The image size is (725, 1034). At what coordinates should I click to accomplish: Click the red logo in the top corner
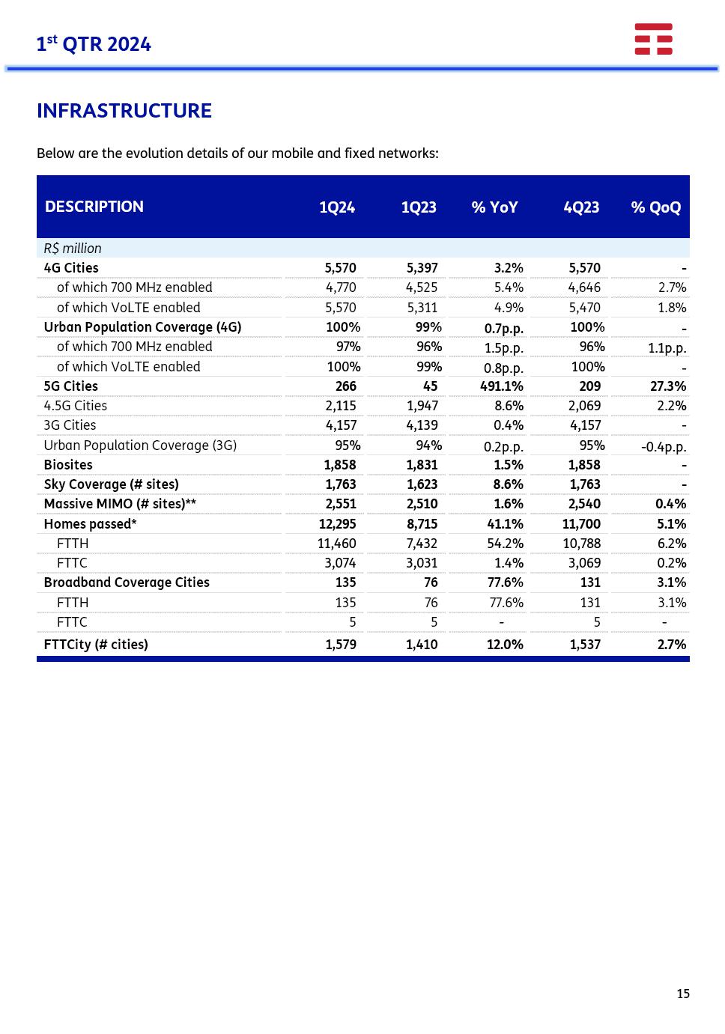pos(653,39)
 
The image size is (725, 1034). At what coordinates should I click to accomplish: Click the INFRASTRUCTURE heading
pos(124,111)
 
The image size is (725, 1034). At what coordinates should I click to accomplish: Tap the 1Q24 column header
pos(337,207)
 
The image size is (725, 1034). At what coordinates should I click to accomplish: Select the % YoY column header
pos(494,207)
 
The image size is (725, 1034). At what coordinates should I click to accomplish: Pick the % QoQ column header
pos(656,207)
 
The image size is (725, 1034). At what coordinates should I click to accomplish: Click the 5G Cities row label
pos(71,386)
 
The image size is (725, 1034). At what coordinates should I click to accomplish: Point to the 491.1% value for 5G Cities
pos(502,386)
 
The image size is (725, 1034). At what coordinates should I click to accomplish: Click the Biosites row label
pos(68,465)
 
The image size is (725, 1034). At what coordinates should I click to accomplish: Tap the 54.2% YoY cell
pos(505,544)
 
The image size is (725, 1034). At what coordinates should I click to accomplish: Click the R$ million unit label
pos(73,249)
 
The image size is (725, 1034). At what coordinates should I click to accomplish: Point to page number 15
pos(683,994)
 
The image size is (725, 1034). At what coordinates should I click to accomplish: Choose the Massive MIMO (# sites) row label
pos(120,504)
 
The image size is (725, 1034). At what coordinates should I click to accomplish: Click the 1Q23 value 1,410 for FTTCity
pos(422,645)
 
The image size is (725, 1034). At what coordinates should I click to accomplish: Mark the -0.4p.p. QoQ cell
pos(664,447)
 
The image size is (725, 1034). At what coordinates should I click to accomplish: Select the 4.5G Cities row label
pos(76,406)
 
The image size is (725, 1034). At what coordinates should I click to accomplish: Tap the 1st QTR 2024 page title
pos(94,44)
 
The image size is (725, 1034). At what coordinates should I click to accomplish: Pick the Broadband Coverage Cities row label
pos(127,583)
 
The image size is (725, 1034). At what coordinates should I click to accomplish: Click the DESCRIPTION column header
pos(94,207)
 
